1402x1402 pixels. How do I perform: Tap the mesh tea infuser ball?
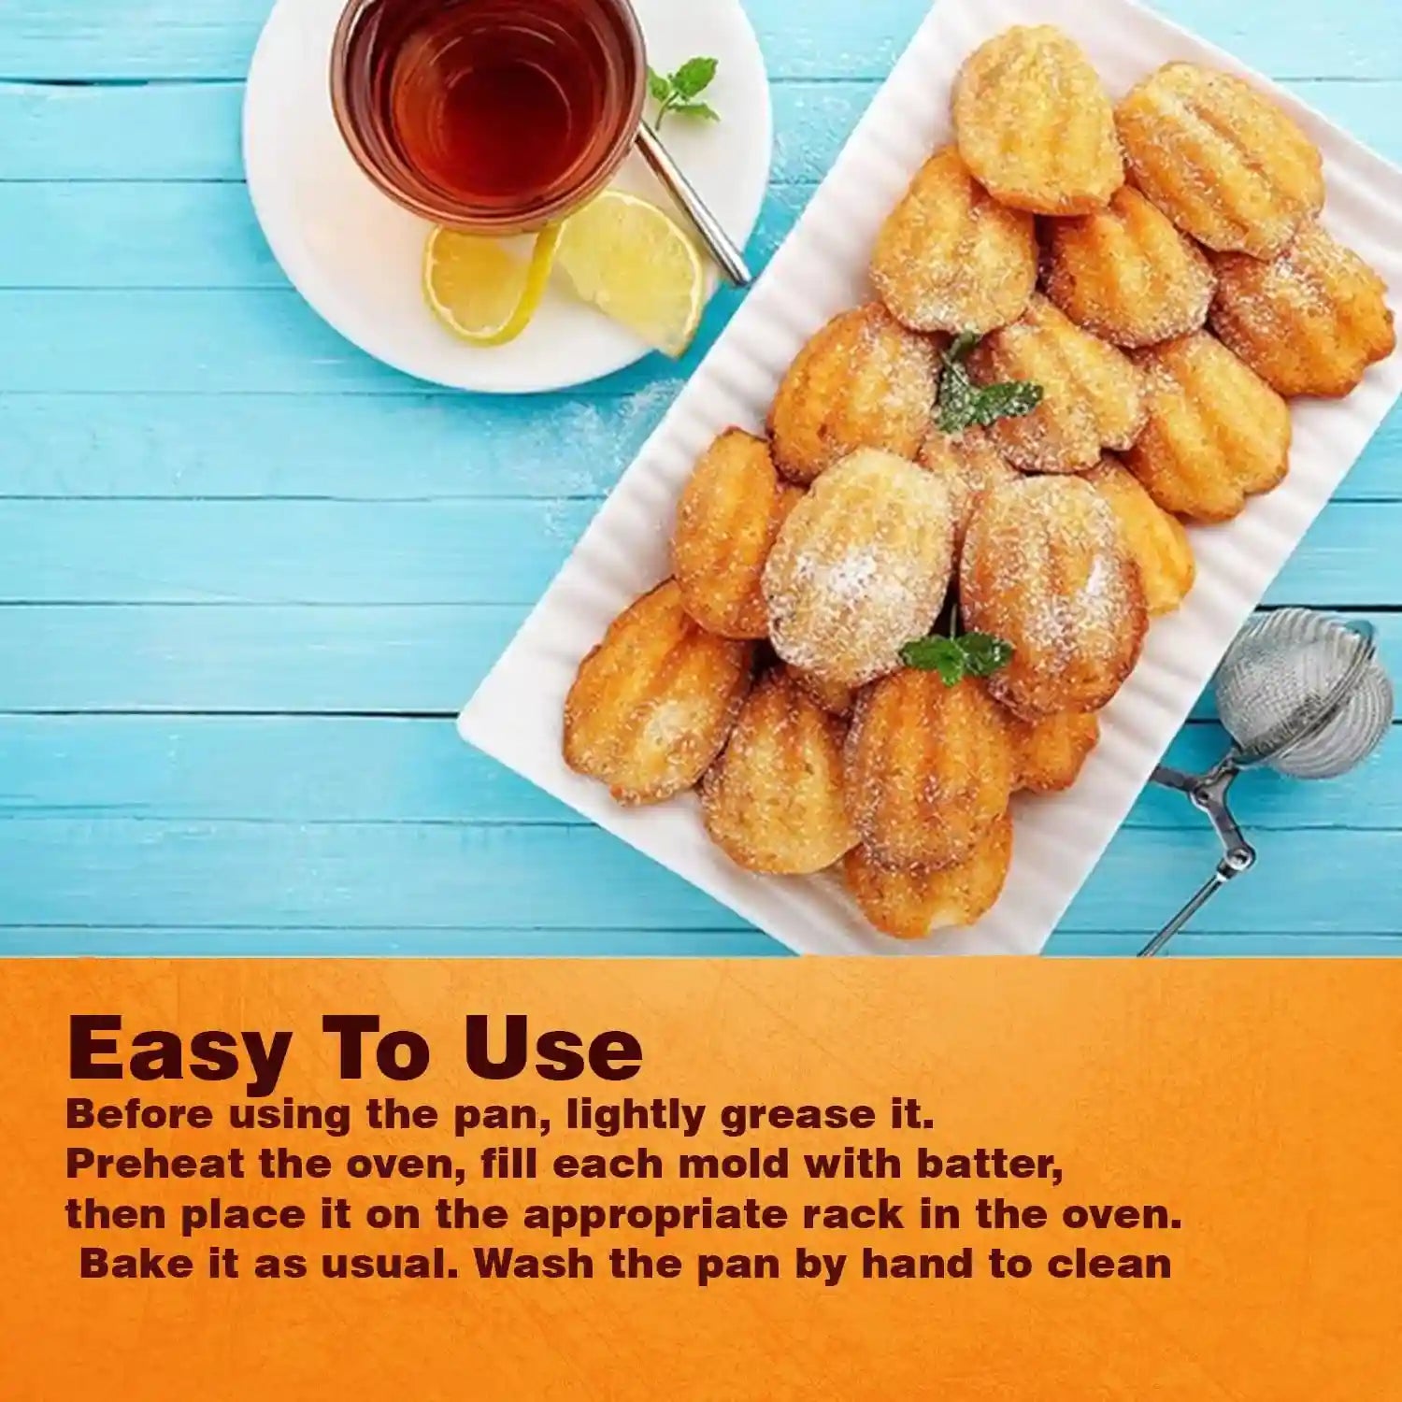click(1305, 694)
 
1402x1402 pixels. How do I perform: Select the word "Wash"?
click(534, 1264)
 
